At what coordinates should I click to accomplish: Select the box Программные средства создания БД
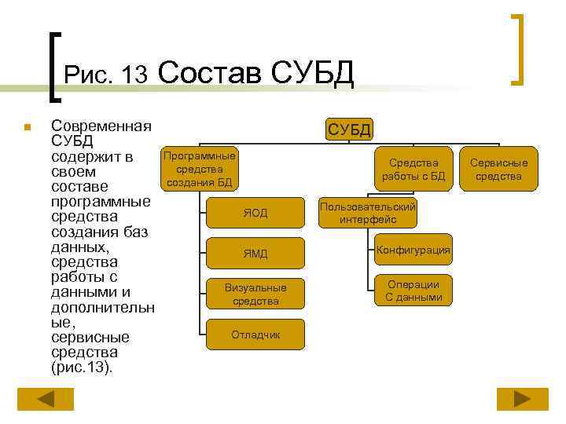pos(200,170)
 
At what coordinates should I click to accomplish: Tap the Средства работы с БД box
pos(413,170)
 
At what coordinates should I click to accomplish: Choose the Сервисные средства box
pos(498,170)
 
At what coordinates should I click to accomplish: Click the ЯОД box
pos(255,212)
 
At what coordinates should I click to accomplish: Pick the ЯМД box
pos(255,253)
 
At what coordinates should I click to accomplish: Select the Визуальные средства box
pos(255,294)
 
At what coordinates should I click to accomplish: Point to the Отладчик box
pos(255,334)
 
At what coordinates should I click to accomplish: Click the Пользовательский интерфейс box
pos(368,213)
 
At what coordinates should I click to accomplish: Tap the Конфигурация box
pos(413,250)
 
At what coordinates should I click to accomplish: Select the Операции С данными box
pos(413,291)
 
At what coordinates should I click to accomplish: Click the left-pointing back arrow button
pos(46,399)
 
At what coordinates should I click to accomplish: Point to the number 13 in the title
pos(134,75)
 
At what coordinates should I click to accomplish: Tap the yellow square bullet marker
pos(26,127)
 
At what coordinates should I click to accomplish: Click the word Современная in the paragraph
pos(101,126)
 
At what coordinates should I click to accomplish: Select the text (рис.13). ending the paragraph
pos(81,367)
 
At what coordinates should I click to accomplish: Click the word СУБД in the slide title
pos(312,73)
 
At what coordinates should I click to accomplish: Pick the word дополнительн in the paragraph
pos(102,307)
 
